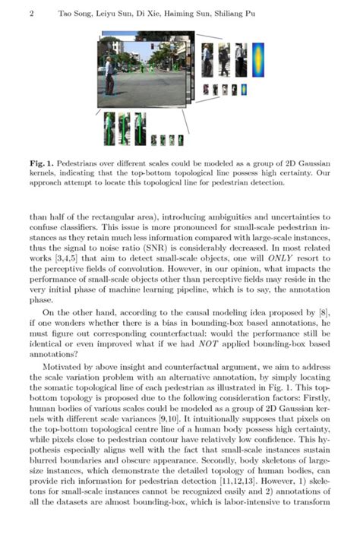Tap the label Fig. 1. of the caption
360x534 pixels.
(x=39, y=162)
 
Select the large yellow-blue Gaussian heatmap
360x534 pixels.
(x=258, y=59)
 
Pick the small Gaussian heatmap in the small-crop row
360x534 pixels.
(x=243, y=90)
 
